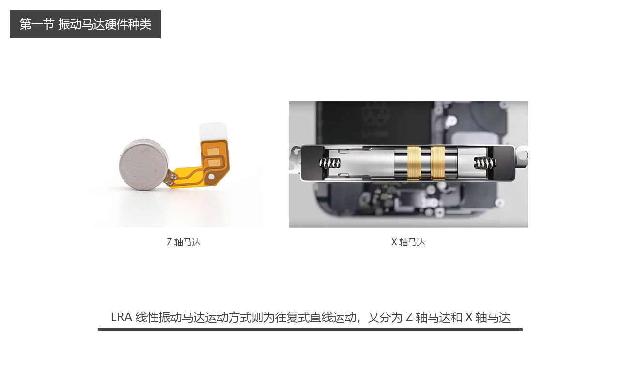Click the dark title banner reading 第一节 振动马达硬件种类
85,24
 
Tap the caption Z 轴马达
184,242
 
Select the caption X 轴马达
408,242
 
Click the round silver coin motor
144,164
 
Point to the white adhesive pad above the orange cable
213,132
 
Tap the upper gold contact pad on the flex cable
214,151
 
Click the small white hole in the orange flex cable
211,177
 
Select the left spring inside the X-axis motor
329,164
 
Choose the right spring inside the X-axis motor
485,163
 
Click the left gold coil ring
414,163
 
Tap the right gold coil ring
437,163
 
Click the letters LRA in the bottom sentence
122,317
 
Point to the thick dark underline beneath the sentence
310,329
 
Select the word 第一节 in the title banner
37,24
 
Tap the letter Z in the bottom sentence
409,317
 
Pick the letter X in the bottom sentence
468,317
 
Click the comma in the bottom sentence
359,321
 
